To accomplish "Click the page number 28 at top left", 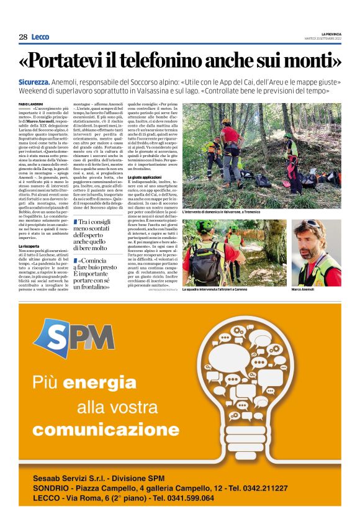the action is point(23,37).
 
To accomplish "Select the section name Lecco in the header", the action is point(40,37).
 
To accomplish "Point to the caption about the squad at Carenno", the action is point(216,290).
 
